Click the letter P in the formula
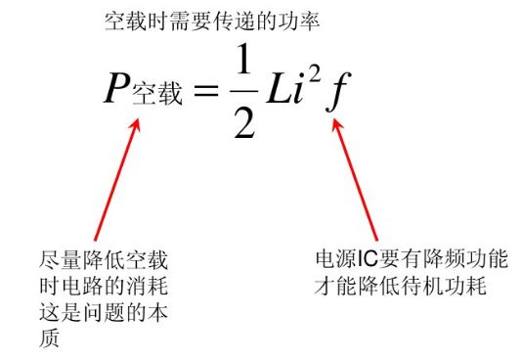(x=117, y=89)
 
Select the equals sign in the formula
(x=204, y=92)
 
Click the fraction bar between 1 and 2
(x=242, y=94)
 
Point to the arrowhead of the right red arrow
(x=339, y=124)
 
